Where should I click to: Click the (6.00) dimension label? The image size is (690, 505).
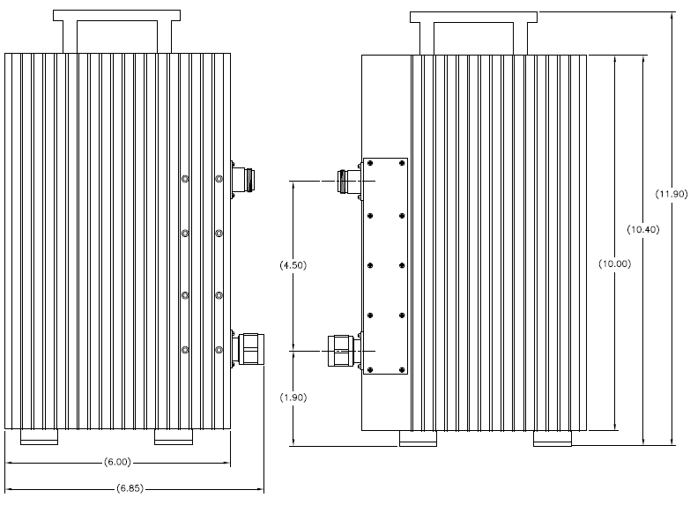pos(117,463)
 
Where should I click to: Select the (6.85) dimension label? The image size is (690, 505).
pos(130,488)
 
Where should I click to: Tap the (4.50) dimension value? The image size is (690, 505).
pos(293,265)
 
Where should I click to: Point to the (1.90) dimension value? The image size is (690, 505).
pos(293,397)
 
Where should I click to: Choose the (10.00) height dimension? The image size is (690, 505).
pos(615,264)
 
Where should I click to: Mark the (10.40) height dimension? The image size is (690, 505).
pos(643,229)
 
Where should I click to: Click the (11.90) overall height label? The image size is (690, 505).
pos(671,194)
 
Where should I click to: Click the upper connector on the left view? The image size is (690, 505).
pos(243,179)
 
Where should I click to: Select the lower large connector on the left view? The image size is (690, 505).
pos(248,349)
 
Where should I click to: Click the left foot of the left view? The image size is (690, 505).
pos(39,437)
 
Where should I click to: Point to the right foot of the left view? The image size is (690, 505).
pos(174,437)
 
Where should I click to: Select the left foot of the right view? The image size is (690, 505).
pos(418,439)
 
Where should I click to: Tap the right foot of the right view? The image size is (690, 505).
pos(553,439)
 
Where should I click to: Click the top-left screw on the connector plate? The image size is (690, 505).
pos(370,163)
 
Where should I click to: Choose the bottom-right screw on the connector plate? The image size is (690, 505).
pos(402,370)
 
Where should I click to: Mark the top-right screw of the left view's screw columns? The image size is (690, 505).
pos(219,179)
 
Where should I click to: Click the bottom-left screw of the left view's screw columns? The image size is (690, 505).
pos(185,350)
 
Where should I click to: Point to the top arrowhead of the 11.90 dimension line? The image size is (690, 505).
pos(672,16)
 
